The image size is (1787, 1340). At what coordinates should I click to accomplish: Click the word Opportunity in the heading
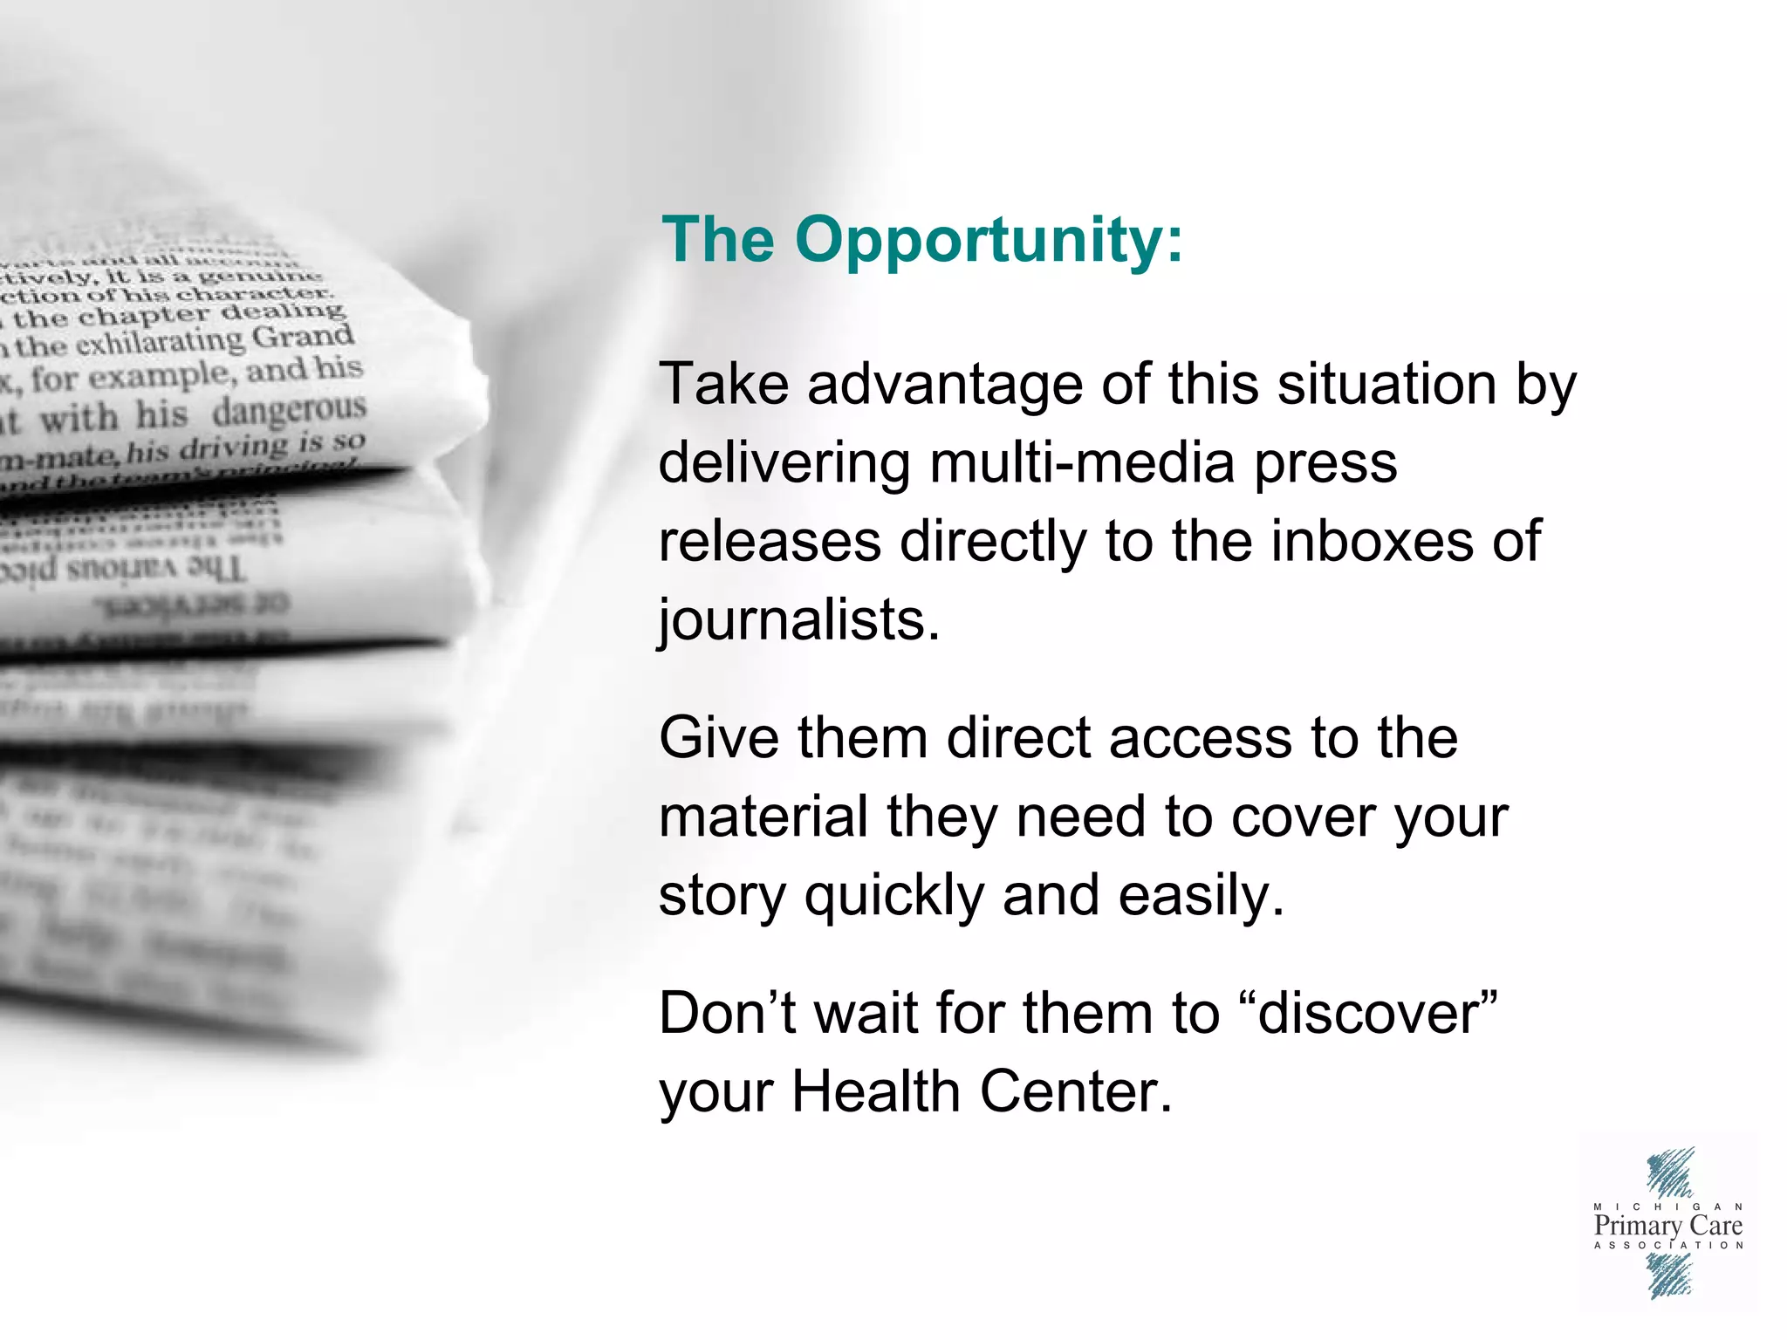click(989, 240)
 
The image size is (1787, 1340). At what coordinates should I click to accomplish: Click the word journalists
click(798, 621)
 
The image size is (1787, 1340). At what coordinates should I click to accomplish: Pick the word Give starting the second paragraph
click(718, 738)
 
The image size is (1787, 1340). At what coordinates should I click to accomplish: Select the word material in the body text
click(763, 817)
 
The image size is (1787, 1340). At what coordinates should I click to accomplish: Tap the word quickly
click(893, 897)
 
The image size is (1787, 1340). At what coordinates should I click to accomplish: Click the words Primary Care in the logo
click(1667, 1226)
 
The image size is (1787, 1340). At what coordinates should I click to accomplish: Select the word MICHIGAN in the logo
click(1667, 1207)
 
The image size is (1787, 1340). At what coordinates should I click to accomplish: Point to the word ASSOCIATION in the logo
click(1667, 1245)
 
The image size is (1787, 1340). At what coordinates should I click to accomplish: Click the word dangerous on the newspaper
click(289, 410)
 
